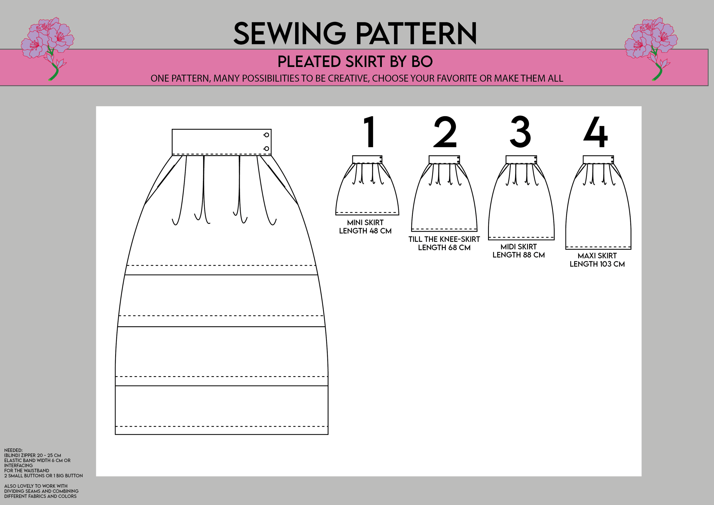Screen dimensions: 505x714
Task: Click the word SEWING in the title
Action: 289,33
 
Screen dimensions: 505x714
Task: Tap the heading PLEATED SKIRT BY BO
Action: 355,61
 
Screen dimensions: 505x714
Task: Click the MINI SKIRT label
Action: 365,223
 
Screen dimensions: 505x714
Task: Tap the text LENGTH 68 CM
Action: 444,248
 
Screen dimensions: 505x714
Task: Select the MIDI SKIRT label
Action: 518,247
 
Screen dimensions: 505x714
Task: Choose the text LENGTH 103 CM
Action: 597,264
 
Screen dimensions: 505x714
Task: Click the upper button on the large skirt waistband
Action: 267,135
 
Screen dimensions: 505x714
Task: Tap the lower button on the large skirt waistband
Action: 267,149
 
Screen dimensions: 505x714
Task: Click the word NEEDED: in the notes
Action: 13,450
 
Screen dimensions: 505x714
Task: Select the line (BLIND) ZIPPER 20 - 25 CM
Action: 33,455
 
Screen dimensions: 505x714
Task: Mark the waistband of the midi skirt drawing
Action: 521,160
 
